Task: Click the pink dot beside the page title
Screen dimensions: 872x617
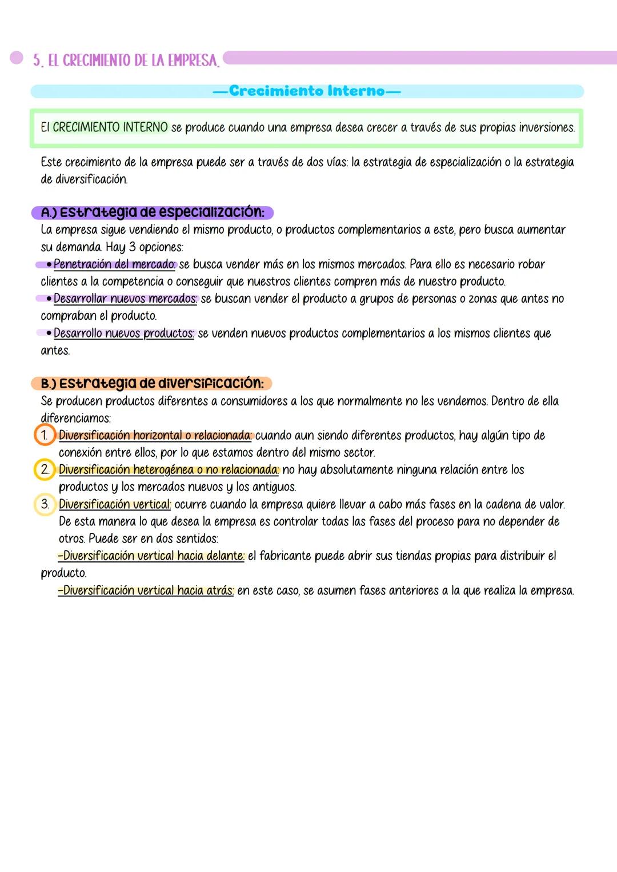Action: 16,58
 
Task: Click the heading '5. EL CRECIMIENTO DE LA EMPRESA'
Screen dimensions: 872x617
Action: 126,61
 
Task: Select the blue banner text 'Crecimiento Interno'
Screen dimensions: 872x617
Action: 307,91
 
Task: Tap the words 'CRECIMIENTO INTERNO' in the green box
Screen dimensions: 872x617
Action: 110,127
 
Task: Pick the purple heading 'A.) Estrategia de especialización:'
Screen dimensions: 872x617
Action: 153,212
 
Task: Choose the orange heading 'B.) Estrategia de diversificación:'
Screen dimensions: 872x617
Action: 152,383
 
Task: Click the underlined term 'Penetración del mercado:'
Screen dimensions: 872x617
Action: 115,264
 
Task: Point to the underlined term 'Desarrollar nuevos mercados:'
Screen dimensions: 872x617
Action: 125,299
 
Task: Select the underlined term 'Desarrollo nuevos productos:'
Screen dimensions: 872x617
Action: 123,333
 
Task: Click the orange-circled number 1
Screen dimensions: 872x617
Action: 45,435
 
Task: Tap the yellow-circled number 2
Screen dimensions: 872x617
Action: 45,469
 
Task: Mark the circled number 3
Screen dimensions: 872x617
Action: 45,504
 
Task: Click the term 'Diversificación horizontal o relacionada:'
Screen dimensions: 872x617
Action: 155,436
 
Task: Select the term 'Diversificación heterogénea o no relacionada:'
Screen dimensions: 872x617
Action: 169,470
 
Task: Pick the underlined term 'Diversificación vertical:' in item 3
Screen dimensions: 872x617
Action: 115,504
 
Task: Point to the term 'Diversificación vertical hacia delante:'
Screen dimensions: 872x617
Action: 151,556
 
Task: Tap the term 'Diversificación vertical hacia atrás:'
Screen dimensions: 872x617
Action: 146,590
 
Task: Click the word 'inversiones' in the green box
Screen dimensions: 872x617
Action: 546,127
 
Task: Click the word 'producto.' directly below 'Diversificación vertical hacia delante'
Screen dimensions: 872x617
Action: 63,573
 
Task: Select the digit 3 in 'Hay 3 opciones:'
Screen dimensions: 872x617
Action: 133,247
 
